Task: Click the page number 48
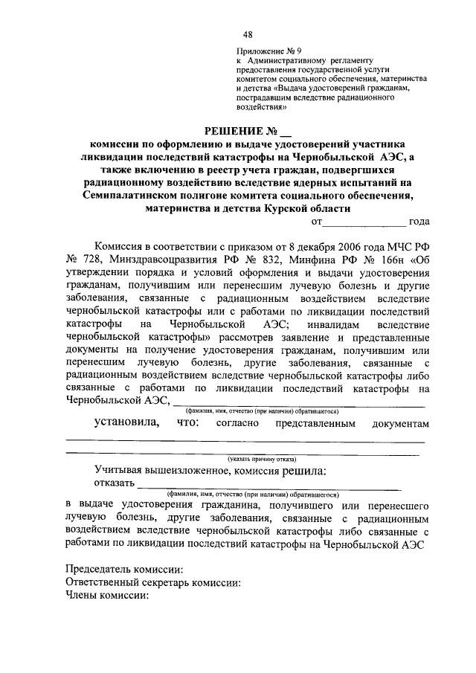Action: coord(247,34)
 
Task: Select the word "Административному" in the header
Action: coord(289,62)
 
